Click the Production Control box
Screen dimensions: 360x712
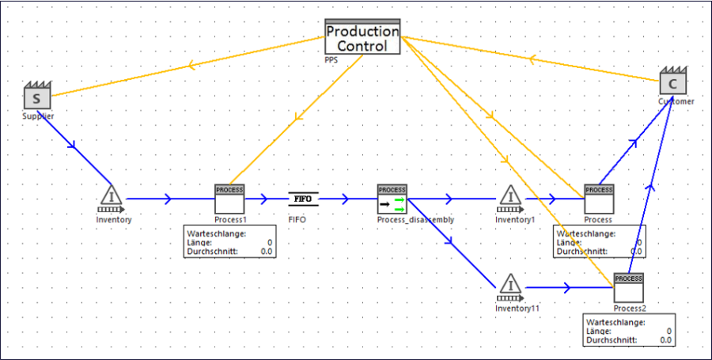[x=363, y=37]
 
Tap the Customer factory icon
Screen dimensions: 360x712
[x=672, y=83]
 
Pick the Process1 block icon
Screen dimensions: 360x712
[x=230, y=199]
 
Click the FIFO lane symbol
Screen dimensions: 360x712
[x=304, y=199]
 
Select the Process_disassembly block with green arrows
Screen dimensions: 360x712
[x=392, y=199]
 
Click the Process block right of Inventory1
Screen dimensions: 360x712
[x=599, y=199]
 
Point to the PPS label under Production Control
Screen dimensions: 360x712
[x=331, y=59]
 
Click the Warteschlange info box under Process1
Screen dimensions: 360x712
[x=229, y=242]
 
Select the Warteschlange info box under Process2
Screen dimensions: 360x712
[x=628, y=331]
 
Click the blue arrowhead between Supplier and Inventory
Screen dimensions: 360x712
[x=74, y=146]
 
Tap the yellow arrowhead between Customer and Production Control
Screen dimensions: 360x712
[x=533, y=59]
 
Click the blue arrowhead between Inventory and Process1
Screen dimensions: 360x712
[x=168, y=199]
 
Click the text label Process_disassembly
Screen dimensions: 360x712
[x=415, y=219]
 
